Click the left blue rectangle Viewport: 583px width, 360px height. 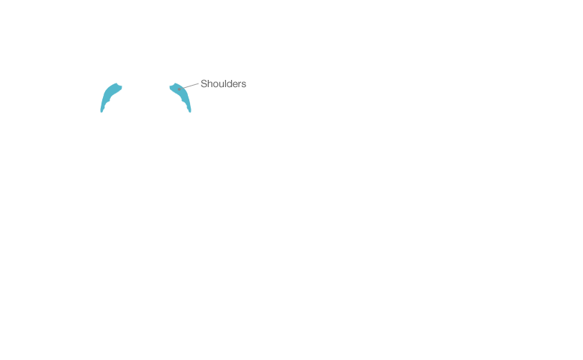(x=112, y=97)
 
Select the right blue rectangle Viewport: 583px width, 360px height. (x=180, y=102)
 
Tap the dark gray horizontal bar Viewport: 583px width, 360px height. (x=223, y=84)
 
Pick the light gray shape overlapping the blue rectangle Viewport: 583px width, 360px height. (x=191, y=86)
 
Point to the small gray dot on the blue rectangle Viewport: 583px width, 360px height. (x=179, y=89)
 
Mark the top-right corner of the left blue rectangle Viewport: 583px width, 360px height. (x=123, y=82)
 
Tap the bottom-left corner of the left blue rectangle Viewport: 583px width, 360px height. (x=100, y=113)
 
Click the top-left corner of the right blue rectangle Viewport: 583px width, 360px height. (x=168, y=82)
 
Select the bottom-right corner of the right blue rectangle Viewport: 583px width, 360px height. (x=191, y=113)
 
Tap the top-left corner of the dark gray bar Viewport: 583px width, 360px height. (x=201, y=79)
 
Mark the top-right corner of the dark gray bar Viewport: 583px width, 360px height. (x=246, y=79)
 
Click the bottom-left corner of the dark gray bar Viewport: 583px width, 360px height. (x=201, y=88)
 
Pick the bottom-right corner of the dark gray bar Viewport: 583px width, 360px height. (x=246, y=88)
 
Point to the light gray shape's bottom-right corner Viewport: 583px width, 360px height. (x=200, y=91)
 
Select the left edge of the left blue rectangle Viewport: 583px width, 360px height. (x=100, y=97)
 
